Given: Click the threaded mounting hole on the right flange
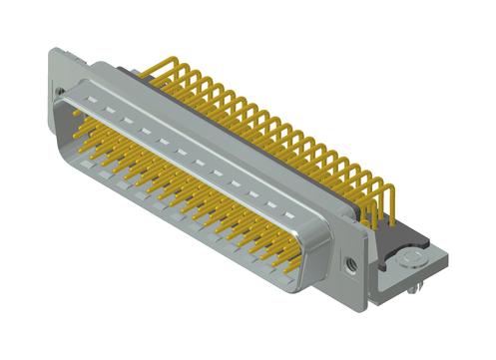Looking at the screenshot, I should coord(350,266).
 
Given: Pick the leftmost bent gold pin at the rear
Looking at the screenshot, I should coord(150,72).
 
